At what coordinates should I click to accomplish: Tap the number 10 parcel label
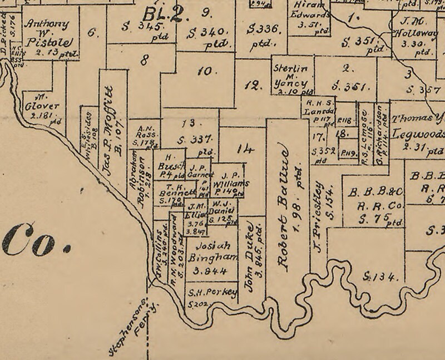click(x=205, y=71)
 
